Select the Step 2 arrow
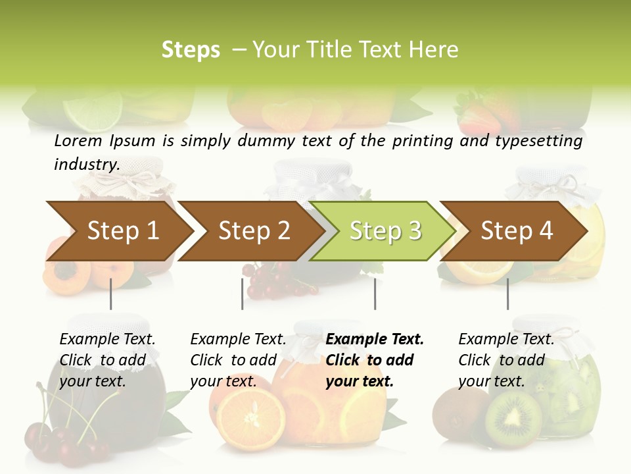pos(252,230)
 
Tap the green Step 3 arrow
pos(384,230)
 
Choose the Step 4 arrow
pos(515,230)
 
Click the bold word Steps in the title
pos(191,50)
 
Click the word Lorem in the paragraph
pos(78,140)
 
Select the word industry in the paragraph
pos(85,165)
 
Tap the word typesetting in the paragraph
pos(538,141)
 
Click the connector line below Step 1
pos(111,294)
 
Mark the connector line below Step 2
pos(243,294)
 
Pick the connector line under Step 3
pos(375,294)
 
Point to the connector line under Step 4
pos(507,294)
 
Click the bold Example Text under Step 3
pos(375,340)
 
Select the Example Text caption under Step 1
pos(107,340)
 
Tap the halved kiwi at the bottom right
pos(513,420)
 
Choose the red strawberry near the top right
pos(478,117)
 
